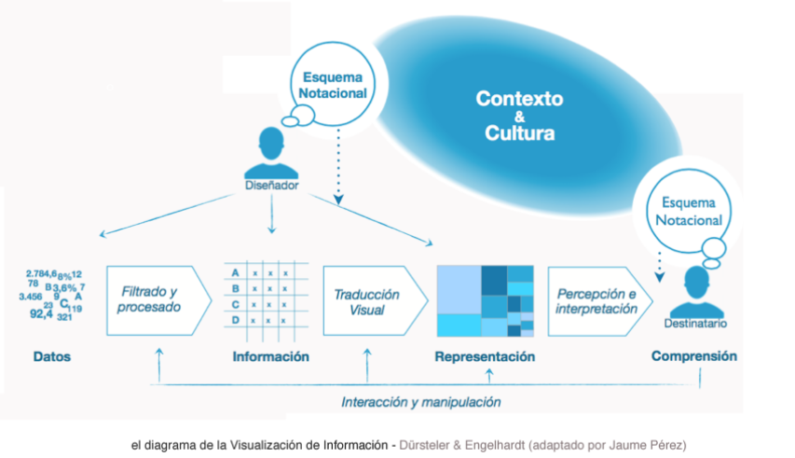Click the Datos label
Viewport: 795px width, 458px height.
(51, 356)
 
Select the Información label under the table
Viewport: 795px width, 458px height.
(270, 356)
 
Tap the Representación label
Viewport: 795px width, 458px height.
(485, 356)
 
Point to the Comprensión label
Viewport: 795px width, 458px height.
(694, 355)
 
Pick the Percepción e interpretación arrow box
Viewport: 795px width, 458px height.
(596, 299)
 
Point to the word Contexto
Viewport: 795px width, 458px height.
(519, 98)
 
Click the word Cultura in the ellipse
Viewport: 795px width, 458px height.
(519, 132)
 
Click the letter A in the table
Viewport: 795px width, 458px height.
(236, 272)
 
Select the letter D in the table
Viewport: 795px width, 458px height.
(236, 320)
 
